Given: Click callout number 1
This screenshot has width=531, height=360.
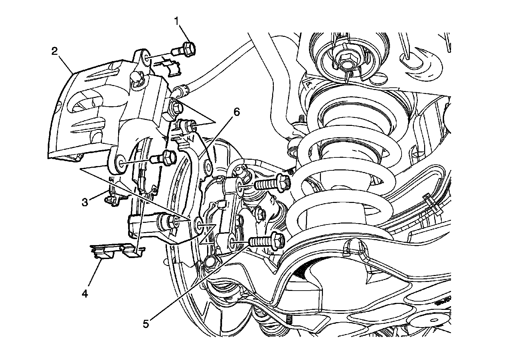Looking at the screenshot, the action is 177,21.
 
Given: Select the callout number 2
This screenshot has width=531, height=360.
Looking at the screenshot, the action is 55,51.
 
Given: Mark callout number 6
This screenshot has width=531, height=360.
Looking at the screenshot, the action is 236,112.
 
